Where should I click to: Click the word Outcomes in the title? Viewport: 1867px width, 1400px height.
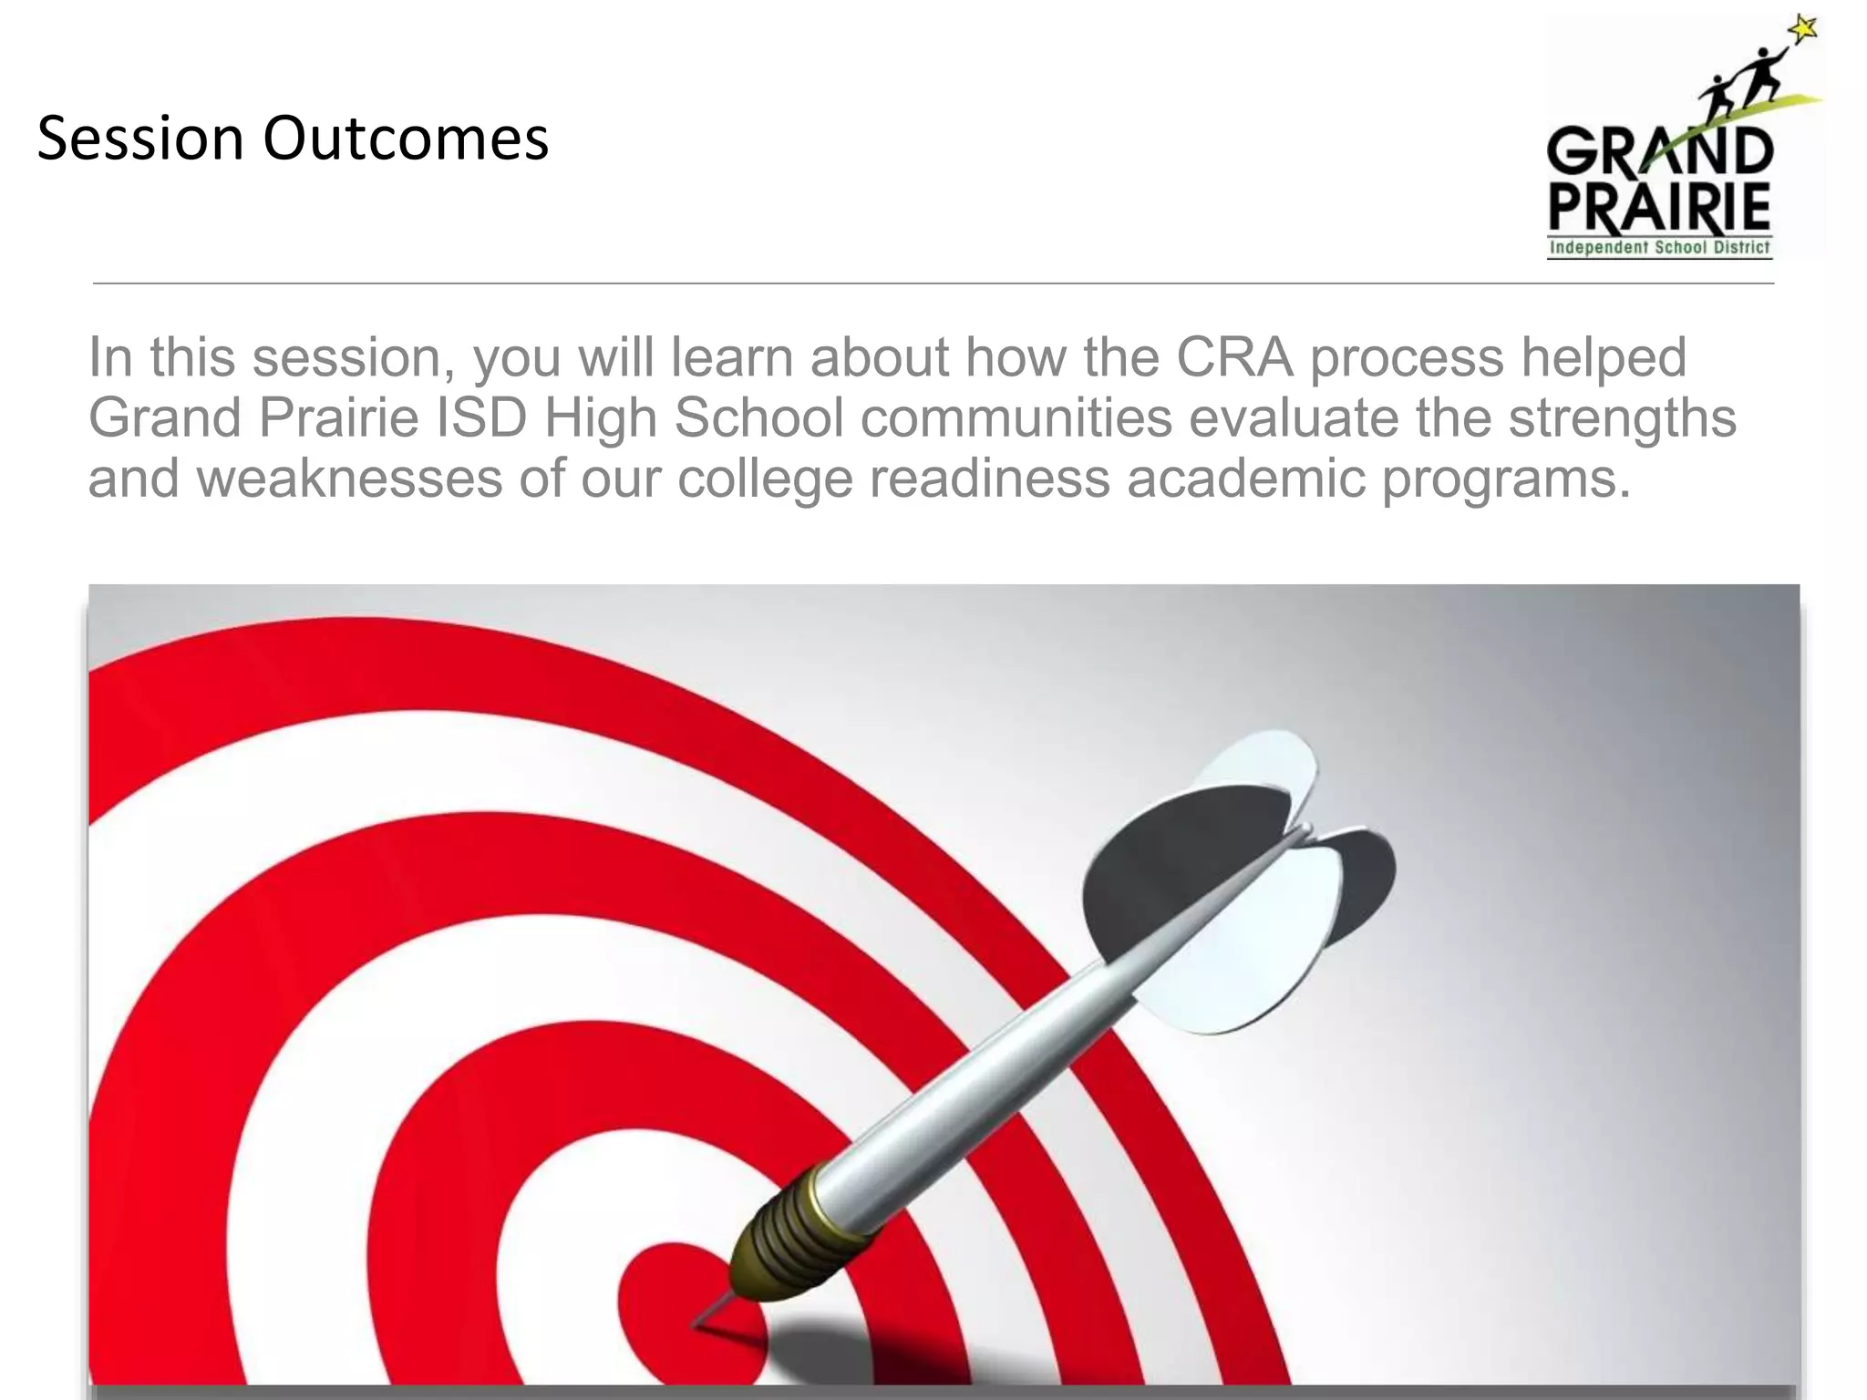(406, 139)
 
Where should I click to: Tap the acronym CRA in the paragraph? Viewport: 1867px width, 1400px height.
(1234, 356)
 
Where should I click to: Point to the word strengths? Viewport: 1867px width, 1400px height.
(1622, 417)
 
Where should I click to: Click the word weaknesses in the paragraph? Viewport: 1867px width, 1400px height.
(349, 478)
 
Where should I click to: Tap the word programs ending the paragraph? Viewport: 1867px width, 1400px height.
(1505, 478)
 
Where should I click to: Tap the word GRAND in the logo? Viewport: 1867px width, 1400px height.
(1659, 151)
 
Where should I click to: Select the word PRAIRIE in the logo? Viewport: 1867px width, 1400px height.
(1659, 208)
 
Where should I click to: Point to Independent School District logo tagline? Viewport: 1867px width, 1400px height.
(1659, 247)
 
